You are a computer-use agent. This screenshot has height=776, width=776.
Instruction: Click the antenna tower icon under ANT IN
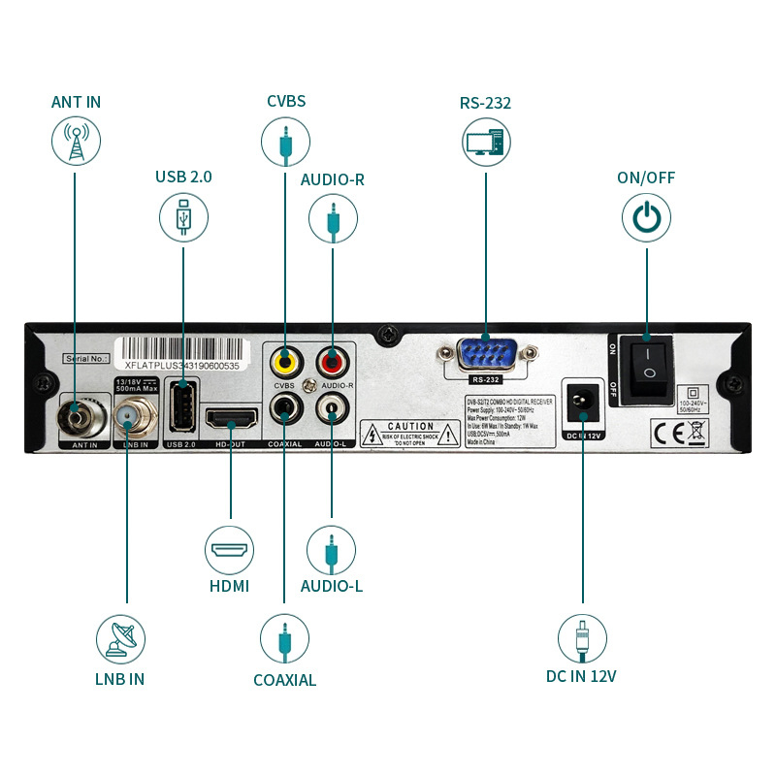click(x=76, y=141)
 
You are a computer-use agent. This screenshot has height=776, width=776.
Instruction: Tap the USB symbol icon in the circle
click(x=184, y=217)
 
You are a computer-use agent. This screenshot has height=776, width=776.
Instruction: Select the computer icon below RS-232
click(x=486, y=141)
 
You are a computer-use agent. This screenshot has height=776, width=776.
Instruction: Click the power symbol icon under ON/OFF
click(x=646, y=217)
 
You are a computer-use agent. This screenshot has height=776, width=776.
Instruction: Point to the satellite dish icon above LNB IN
click(x=120, y=639)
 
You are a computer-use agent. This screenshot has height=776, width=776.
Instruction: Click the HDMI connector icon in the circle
click(x=230, y=550)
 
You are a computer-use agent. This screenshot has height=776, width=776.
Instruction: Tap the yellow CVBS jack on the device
click(x=284, y=362)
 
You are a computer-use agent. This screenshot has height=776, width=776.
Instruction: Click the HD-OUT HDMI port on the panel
click(x=230, y=419)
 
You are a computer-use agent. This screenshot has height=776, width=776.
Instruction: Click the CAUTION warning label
click(x=410, y=433)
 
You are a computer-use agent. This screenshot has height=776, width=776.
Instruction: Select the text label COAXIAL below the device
click(x=284, y=680)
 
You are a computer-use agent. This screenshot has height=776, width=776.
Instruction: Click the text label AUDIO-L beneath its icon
click(x=332, y=586)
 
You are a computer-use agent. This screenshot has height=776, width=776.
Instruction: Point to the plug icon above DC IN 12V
click(x=582, y=639)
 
